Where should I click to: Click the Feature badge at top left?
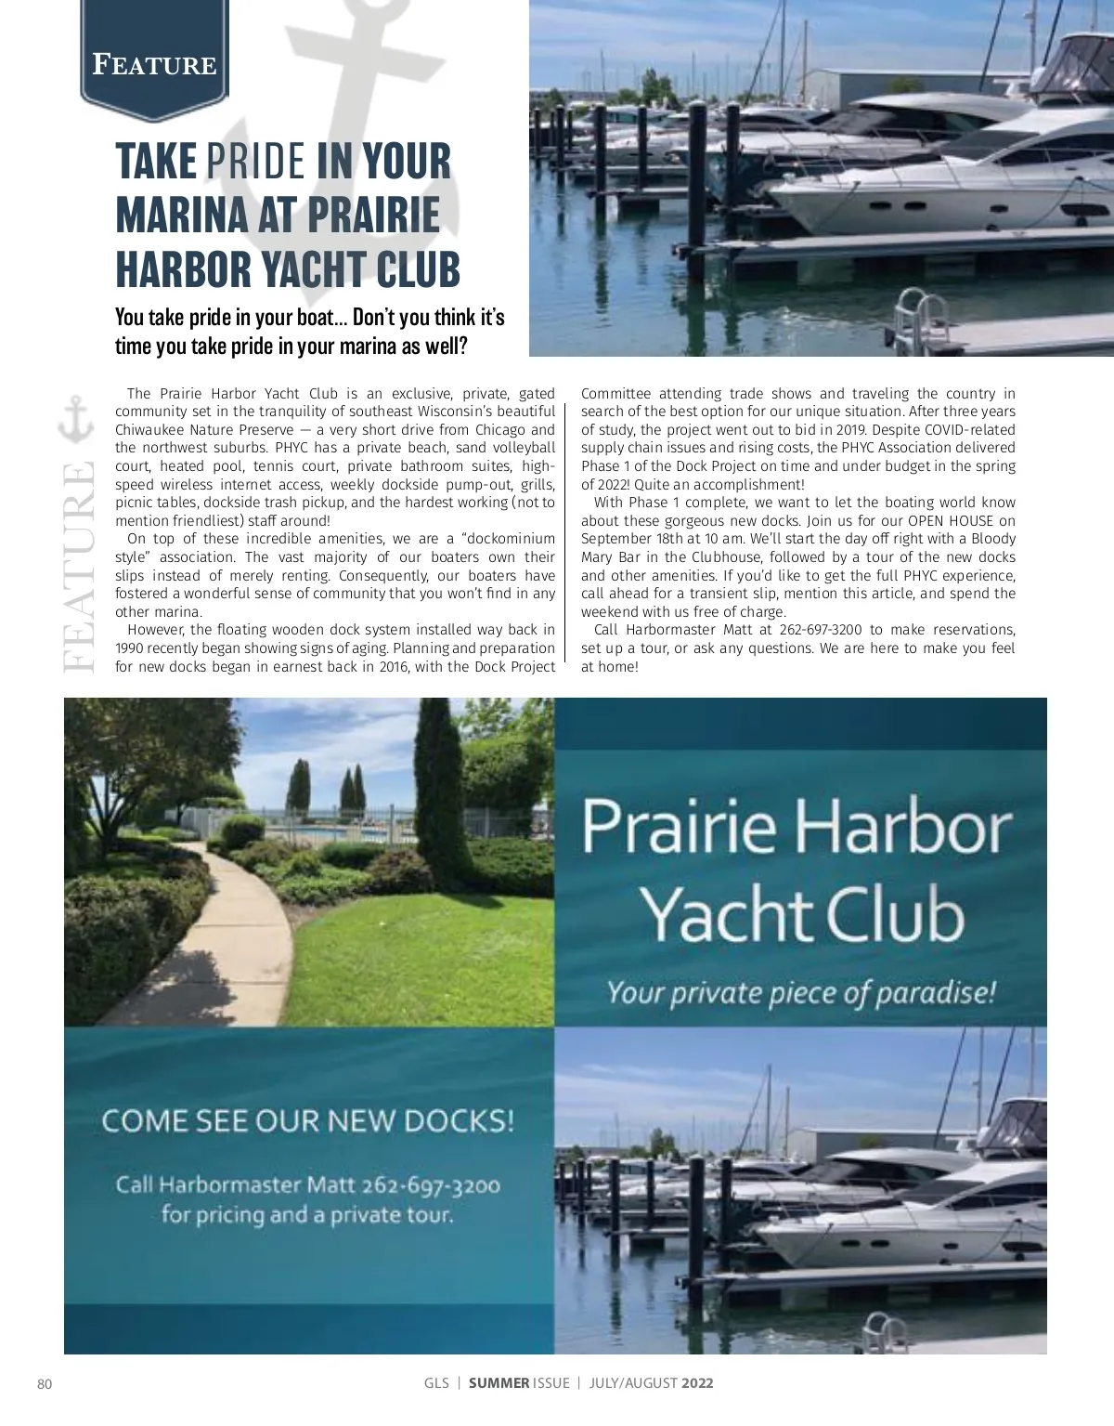(154, 65)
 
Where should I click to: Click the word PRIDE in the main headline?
(255, 161)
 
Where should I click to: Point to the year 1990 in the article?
(131, 648)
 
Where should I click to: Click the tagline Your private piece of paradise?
(801, 992)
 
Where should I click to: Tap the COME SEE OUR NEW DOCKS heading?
(307, 1120)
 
